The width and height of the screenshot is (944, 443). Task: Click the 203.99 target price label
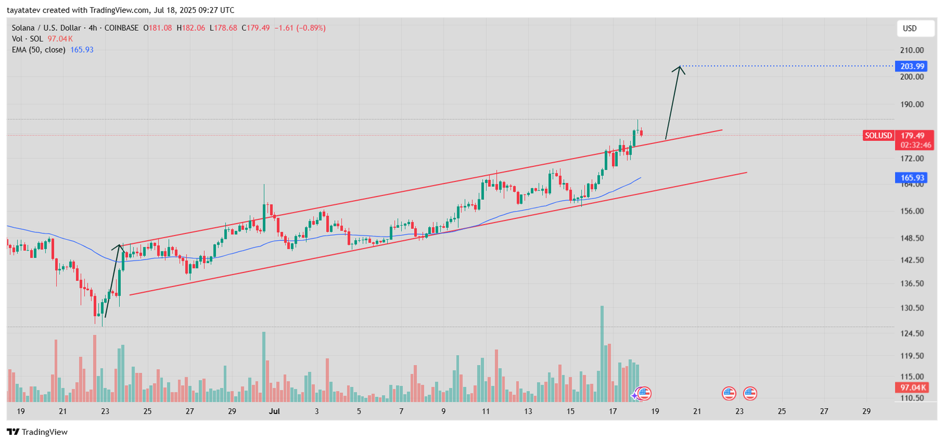912,66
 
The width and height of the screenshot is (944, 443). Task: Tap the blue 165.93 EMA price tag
912,178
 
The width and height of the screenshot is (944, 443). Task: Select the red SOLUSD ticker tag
878,136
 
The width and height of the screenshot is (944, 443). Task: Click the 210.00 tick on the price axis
912,50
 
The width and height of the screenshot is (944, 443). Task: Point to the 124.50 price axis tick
912,333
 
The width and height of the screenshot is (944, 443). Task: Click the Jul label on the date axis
274,411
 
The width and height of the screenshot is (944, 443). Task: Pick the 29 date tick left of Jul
232,411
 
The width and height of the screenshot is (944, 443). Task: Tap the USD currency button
910,28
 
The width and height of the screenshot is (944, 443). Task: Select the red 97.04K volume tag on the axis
912,388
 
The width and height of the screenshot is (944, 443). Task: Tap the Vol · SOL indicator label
28,39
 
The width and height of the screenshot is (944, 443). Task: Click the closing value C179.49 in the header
255,28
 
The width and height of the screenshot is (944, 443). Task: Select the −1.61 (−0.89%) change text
300,28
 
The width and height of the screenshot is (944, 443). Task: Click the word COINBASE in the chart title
122,28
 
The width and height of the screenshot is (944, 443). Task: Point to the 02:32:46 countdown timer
916,145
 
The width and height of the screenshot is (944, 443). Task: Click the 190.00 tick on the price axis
912,104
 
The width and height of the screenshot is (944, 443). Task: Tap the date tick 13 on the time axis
528,411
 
